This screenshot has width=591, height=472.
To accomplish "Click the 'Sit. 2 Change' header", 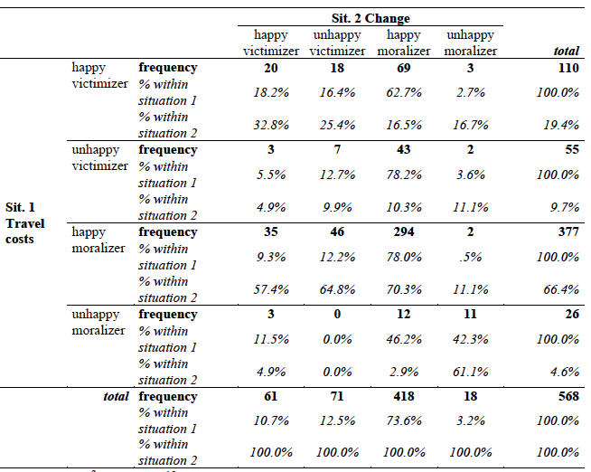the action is pos(371,18).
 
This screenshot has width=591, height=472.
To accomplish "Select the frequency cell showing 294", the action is pos(404,231).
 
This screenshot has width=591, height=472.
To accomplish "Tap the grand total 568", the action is pos(568,396).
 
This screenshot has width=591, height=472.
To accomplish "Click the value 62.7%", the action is pos(404,92).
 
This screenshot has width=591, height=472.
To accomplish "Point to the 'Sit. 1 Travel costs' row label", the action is pos(25,222).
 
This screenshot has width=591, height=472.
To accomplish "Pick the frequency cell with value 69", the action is pos(404,68).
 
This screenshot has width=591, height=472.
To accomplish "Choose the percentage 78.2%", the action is pos(404,175).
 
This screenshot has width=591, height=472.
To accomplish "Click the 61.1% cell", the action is pos(471,372).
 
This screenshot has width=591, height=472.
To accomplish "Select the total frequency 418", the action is pos(404,396).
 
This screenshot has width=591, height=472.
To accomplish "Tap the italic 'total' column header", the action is pos(566,51).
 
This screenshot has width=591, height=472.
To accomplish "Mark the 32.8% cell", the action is pos(271,125).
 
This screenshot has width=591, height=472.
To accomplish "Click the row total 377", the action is pos(568,231).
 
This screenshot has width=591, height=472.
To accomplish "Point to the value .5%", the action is pos(471,257).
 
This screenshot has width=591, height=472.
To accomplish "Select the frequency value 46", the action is pos(337,231).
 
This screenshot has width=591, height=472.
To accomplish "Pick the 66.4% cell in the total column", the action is pos(561,289).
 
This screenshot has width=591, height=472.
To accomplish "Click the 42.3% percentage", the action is pos(471,339).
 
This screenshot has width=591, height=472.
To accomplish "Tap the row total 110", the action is pos(568,68).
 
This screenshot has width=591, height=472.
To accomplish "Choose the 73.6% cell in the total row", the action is pos(404,420).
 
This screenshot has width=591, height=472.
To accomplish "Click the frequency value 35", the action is pos(271,231).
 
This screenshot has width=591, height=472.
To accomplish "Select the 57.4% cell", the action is pos(271,289).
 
